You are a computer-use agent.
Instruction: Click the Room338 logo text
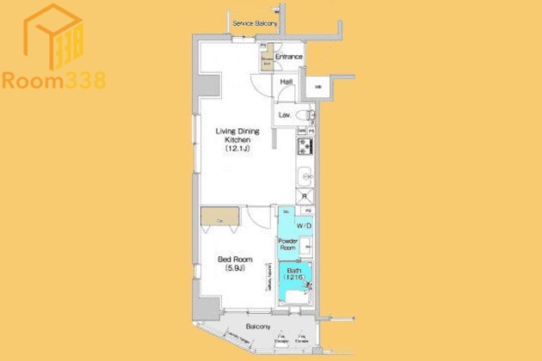point(53,81)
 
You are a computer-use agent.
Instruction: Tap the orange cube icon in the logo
point(52,36)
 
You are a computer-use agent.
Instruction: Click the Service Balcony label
point(255,23)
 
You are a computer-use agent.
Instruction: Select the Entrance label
point(289,58)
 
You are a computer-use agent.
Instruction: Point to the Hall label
point(286,83)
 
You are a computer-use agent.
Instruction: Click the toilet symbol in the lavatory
point(304,114)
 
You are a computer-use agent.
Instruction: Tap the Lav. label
point(282,114)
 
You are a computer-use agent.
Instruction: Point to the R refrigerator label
point(304,196)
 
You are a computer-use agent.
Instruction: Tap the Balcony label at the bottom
point(257,327)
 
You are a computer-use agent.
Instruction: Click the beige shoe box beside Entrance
point(268,58)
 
